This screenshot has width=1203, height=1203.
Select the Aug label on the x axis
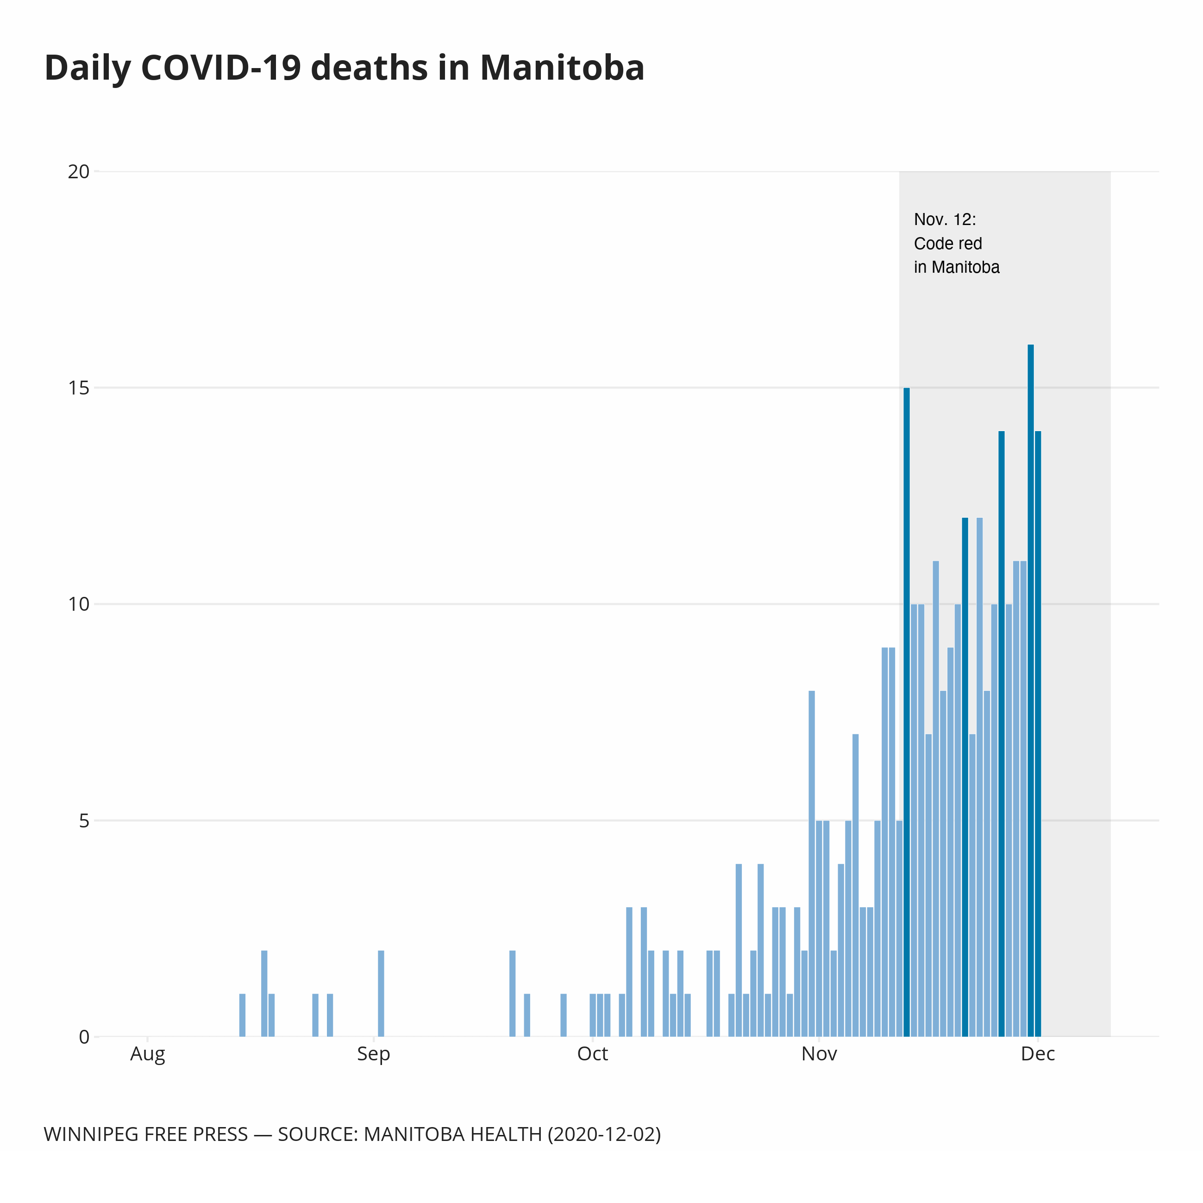148,1054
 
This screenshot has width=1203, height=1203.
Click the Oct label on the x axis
592,1054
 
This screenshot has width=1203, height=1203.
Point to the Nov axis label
819,1054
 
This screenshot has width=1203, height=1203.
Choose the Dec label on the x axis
1038,1054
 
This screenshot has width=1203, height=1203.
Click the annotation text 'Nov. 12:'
945,220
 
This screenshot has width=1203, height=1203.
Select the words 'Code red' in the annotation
948,244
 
